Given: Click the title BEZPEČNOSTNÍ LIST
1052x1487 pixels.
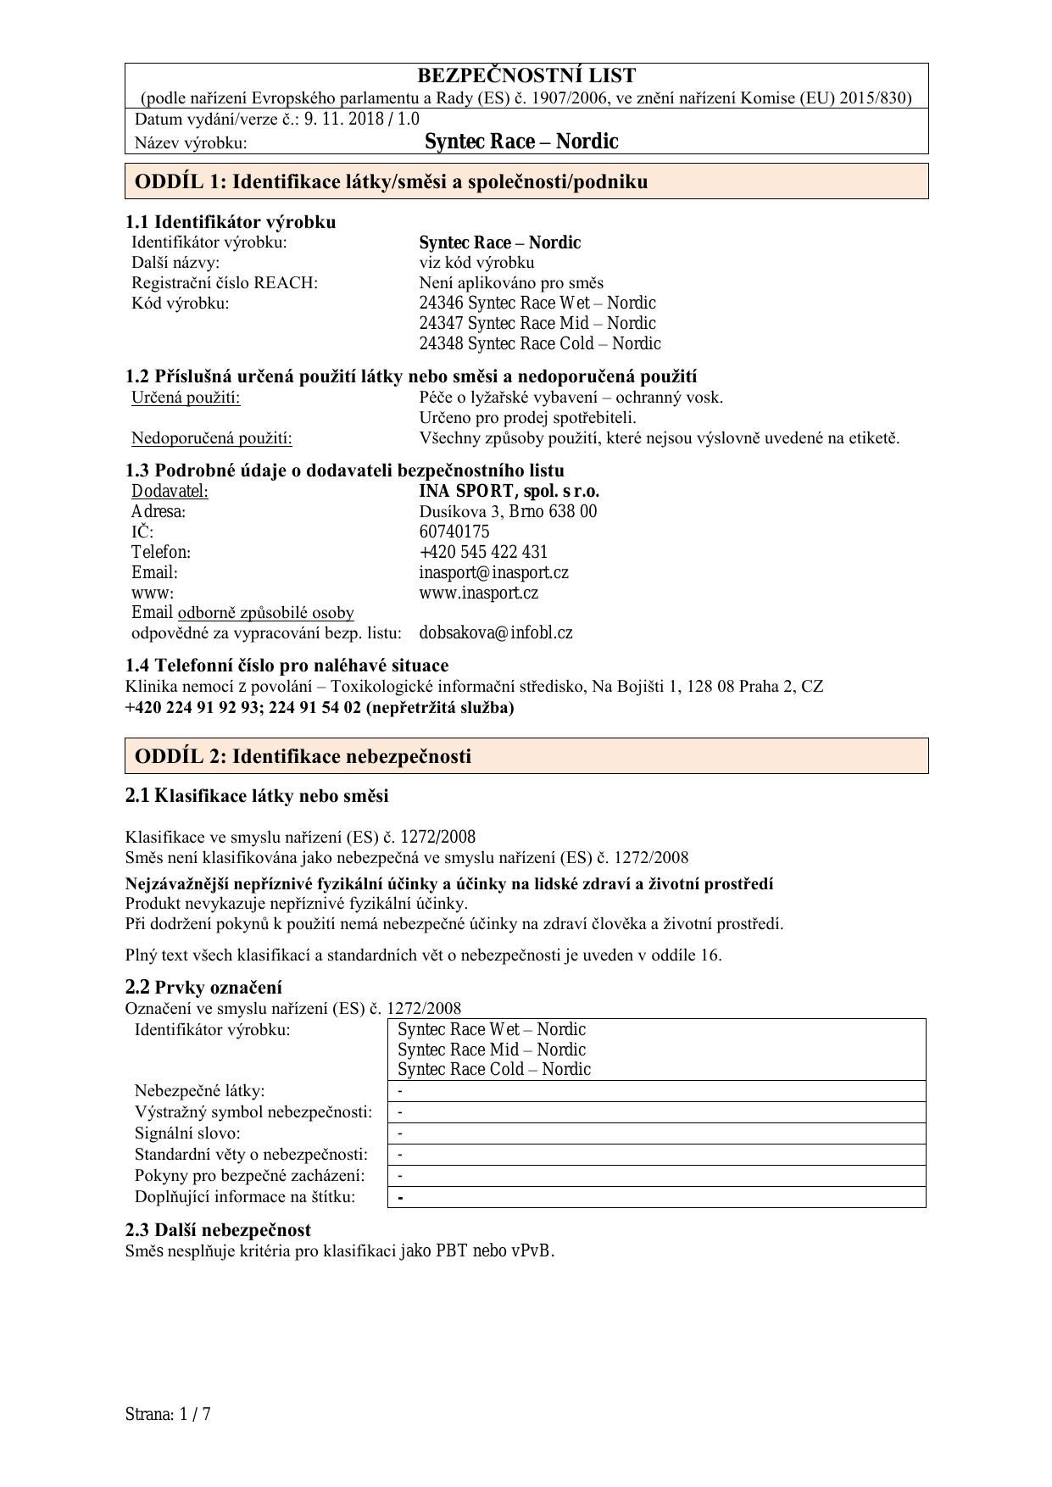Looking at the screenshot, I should click(526, 76).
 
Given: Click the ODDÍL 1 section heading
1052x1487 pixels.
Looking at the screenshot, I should click(391, 181).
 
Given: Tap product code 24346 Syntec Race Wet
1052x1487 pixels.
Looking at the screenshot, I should click(537, 303).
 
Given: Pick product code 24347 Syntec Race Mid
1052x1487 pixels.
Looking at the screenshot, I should click(537, 323).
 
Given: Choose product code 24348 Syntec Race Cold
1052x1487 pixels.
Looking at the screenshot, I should click(539, 343).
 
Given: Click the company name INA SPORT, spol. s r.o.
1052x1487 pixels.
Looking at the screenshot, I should click(509, 491).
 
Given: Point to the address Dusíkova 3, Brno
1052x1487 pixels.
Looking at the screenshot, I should click(507, 511).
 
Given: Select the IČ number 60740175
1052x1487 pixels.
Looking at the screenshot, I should click(454, 532).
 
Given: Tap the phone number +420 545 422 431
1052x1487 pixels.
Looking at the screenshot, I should click(483, 552).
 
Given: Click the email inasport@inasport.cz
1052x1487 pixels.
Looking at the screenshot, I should click(493, 572).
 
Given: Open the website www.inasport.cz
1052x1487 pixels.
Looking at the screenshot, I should click(478, 593).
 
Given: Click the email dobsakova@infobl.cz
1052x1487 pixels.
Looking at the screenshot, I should click(495, 632).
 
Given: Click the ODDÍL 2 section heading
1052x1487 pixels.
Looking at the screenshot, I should click(303, 756).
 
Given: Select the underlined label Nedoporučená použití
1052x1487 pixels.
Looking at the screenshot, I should click(211, 438).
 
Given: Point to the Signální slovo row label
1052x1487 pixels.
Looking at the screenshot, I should click(187, 1133).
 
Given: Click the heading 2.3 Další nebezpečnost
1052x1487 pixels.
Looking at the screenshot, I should click(218, 1229).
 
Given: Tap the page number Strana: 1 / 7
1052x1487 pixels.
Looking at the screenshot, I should click(167, 1414).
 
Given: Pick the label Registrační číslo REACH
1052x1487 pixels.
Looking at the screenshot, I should click(224, 282).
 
